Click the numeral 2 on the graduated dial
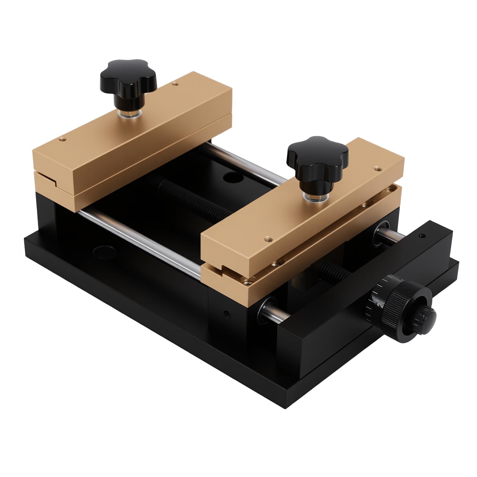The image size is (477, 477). coord(380,305)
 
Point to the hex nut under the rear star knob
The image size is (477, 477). coord(129,113)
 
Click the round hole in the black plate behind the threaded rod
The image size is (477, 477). coord(232,178)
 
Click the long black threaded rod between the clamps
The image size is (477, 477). coord(194,200)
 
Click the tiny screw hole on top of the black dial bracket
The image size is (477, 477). coord(421,236)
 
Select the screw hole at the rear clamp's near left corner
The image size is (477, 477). coord(62,138)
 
